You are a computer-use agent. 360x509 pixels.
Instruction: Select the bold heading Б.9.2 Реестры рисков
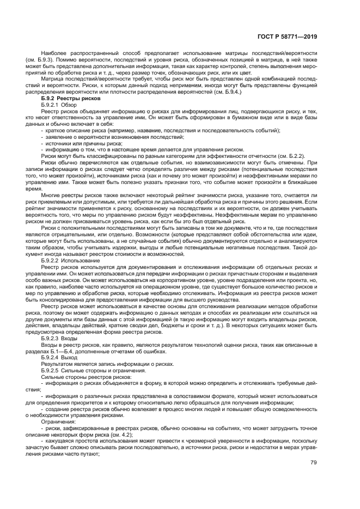click(66, 98)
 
